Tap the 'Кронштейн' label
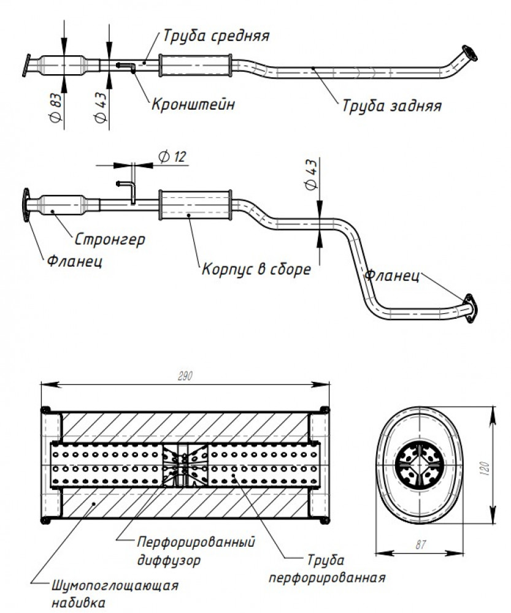(x=193, y=104)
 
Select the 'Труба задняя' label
(x=391, y=105)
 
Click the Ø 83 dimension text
(x=56, y=107)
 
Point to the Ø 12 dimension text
(x=172, y=156)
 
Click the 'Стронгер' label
(x=110, y=239)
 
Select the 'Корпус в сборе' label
(x=256, y=269)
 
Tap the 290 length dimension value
(x=185, y=376)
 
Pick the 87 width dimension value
(x=420, y=544)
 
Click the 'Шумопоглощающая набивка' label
(x=115, y=593)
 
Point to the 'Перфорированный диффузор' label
(x=196, y=551)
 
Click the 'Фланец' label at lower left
(x=75, y=261)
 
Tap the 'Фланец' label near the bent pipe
(x=391, y=276)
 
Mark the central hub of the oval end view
(x=419, y=465)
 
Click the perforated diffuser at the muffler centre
(x=185, y=465)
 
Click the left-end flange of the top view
(x=26, y=66)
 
